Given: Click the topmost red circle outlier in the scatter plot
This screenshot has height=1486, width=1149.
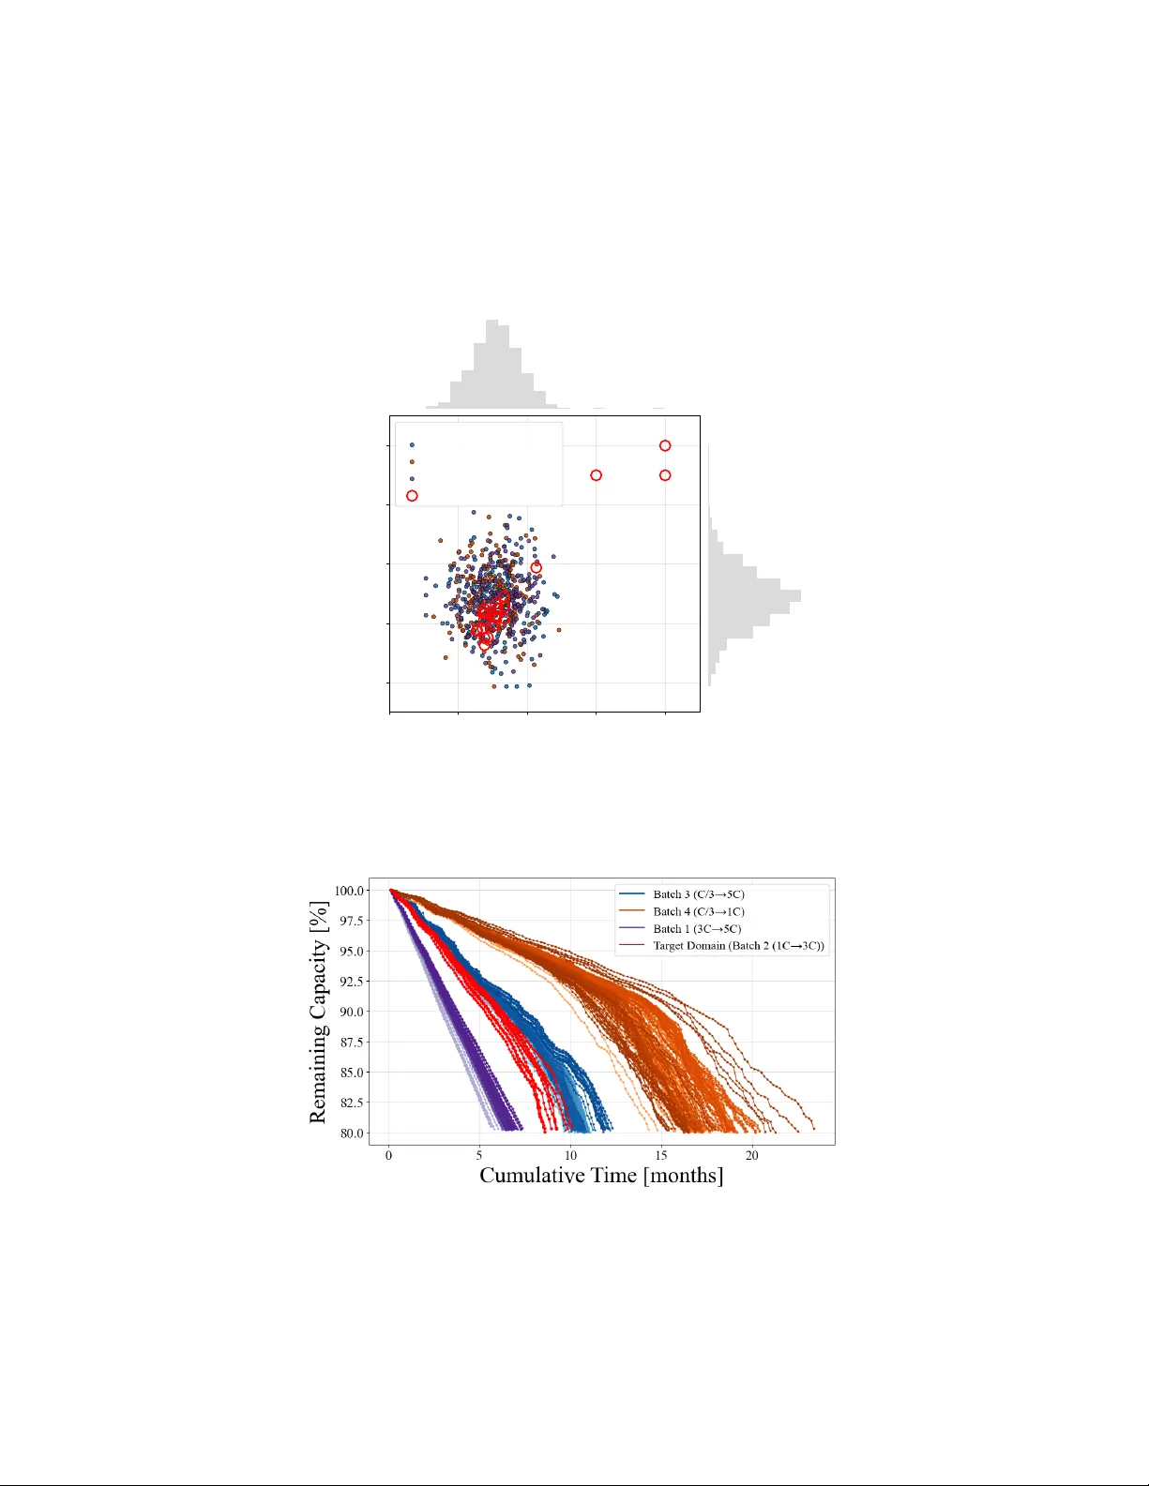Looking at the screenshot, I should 665,446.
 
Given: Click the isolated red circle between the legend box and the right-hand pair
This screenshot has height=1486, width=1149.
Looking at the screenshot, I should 597,475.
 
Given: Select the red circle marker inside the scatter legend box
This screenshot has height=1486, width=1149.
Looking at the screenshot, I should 412,496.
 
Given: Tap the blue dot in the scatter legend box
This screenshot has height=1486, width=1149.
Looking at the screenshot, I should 412,445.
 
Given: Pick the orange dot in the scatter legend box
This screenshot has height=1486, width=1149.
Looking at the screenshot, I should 412,461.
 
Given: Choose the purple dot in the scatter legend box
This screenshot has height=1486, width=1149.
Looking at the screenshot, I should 412,478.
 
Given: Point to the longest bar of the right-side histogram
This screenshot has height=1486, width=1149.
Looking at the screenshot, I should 754,595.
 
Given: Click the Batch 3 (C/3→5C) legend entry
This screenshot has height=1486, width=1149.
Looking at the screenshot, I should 699,894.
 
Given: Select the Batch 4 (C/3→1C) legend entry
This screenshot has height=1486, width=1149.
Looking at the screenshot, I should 699,911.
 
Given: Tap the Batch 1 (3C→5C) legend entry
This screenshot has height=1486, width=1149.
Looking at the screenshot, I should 697,929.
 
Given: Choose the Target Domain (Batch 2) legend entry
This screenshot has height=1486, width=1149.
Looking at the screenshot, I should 738,946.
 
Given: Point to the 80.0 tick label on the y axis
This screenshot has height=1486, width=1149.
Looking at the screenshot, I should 352,1133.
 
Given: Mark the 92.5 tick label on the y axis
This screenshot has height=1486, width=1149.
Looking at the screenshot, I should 352,982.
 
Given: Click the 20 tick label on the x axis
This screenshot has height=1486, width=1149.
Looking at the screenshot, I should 752,1156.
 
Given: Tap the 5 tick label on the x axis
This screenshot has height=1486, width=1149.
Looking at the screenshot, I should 480,1156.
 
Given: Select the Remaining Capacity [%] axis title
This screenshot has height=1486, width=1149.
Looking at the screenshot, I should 319,1012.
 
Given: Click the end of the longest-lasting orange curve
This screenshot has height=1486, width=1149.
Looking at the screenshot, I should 814,1129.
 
